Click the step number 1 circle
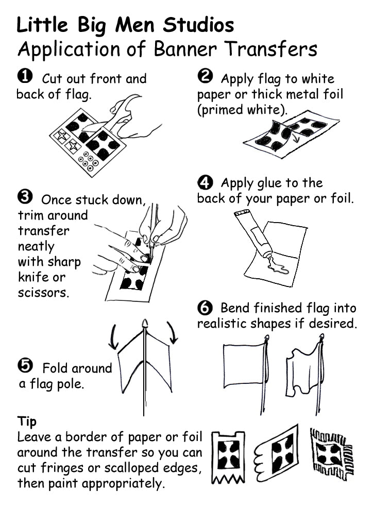(x=25, y=77)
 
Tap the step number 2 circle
(x=205, y=77)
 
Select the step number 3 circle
(x=25, y=197)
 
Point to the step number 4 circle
(x=205, y=182)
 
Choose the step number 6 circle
(x=205, y=308)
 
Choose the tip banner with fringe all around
(x=331, y=453)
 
